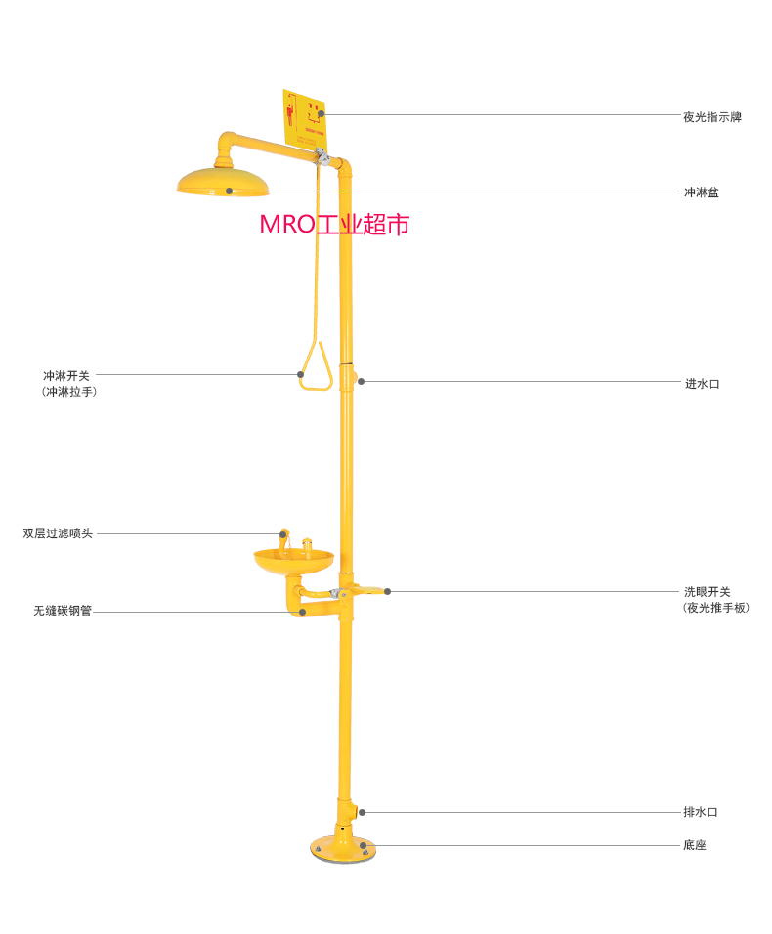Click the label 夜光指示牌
point(711,117)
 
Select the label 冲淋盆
point(701,192)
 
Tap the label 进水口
point(701,384)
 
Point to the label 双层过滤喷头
point(58,533)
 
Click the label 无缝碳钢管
point(63,611)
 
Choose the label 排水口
point(701,812)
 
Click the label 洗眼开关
point(707,591)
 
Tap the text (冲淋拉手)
point(69,391)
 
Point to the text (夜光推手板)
point(716,608)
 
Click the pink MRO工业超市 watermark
point(334,224)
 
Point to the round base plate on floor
point(340,849)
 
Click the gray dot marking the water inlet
point(361,381)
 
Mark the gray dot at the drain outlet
point(361,812)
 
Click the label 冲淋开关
point(65,375)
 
